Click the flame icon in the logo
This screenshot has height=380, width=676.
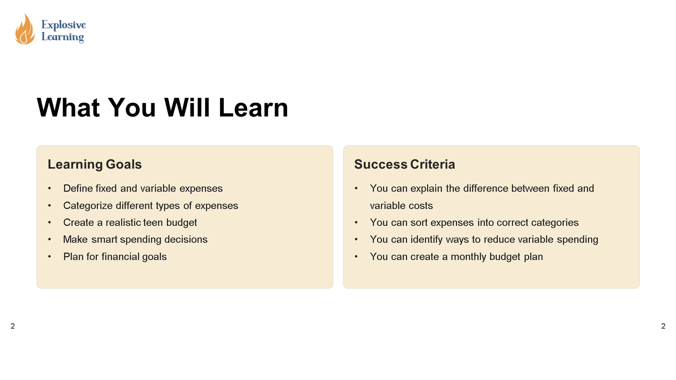click(x=25, y=30)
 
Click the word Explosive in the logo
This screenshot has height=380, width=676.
click(x=63, y=25)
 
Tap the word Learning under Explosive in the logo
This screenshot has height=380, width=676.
click(x=63, y=37)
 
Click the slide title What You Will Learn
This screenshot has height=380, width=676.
click(x=162, y=108)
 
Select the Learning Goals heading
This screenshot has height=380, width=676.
click(x=95, y=164)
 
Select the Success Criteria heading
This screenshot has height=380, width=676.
click(x=404, y=164)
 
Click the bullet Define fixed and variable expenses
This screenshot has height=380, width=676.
click(x=143, y=188)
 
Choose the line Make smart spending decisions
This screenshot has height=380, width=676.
click(x=135, y=239)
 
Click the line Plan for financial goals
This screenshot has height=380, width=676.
click(x=115, y=257)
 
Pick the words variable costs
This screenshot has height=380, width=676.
click(x=401, y=206)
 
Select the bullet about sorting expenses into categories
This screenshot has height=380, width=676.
click(x=474, y=223)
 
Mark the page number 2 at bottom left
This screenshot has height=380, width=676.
click(x=13, y=326)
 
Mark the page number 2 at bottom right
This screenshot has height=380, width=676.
click(x=663, y=326)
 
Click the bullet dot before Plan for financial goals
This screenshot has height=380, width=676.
click(x=49, y=256)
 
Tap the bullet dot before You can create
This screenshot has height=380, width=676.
click(x=356, y=256)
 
